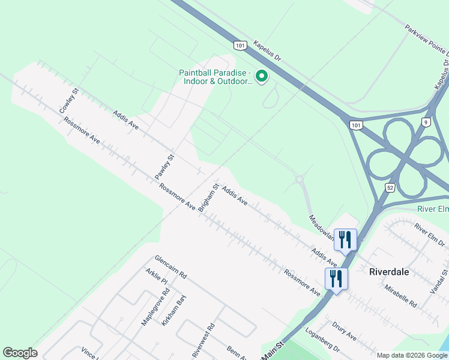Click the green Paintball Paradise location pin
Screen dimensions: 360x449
coord(262,76)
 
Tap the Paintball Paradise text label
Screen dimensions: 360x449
coord(216,77)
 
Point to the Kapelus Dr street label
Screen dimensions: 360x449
coord(267,53)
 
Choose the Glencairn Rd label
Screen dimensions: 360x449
coord(170,268)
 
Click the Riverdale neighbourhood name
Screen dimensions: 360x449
coord(389,272)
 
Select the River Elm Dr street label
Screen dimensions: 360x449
coord(430,235)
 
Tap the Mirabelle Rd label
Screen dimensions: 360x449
coord(400,296)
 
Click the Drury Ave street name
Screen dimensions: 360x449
coord(343,331)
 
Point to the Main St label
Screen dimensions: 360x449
coord(271,351)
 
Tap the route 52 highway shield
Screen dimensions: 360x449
coord(390,188)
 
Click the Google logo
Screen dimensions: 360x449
coord(20,353)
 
